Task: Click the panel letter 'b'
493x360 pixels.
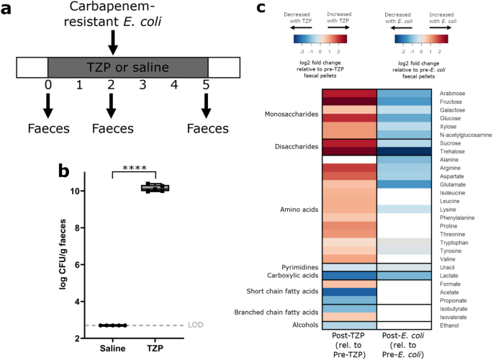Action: pos(64,172)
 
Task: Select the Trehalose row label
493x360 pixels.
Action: pos(453,152)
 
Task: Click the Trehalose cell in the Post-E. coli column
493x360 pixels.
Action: pos(407,152)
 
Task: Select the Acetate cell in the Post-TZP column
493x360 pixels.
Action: pos(350,292)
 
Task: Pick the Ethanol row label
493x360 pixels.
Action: pos(449,325)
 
